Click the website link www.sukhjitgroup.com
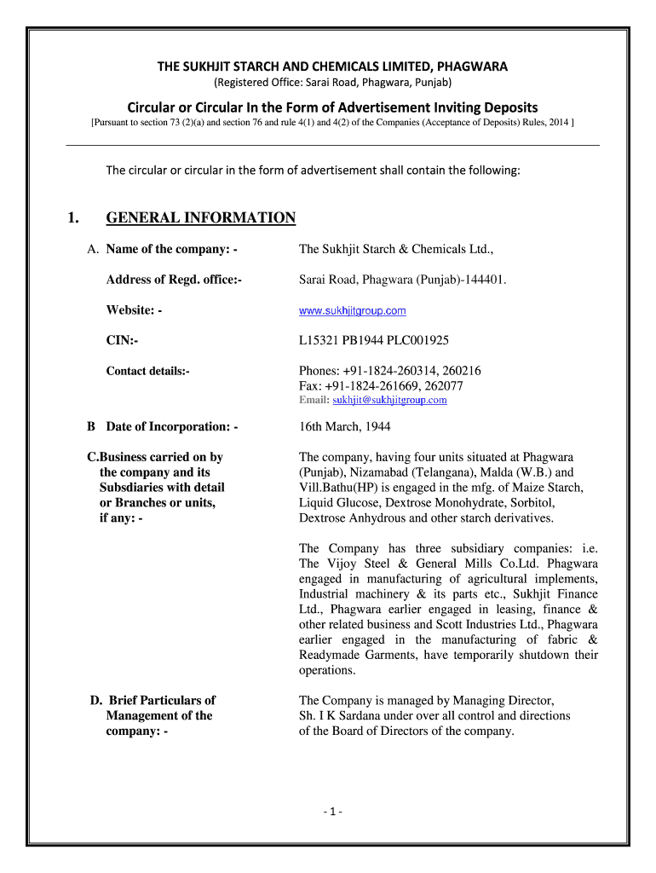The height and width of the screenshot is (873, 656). click(352, 311)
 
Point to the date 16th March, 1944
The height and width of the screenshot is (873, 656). click(344, 426)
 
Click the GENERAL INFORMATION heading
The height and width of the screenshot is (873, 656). click(200, 218)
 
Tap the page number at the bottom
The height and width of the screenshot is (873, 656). click(333, 812)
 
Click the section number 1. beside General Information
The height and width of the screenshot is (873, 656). click(74, 218)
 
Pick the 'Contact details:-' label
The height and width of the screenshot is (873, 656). click(147, 371)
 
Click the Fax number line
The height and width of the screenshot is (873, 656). click(380, 385)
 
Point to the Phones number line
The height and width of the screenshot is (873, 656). click(389, 371)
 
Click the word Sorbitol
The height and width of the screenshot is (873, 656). click(555, 503)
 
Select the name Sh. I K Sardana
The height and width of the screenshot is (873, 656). click(342, 716)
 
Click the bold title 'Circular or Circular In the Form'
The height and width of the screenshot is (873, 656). click(332, 107)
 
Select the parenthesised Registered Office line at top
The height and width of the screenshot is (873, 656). click(332, 82)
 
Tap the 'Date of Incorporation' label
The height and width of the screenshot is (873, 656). click(171, 426)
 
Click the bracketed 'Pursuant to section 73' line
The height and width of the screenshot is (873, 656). click(332, 123)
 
